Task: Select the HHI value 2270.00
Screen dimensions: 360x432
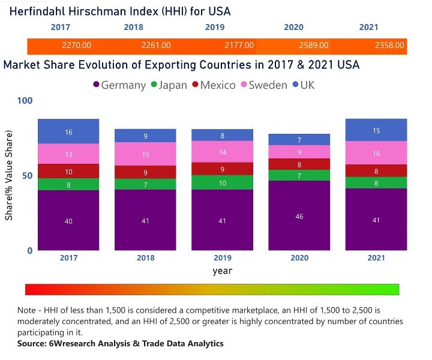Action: click(76, 45)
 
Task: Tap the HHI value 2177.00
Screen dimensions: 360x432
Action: click(239, 45)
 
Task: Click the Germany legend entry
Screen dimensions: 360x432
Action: click(120, 85)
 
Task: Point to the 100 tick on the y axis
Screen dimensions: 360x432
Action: click(25, 101)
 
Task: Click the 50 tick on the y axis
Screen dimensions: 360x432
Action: click(27, 176)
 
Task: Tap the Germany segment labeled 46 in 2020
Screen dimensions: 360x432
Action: click(299, 215)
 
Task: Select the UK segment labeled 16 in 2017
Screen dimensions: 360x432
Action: click(68, 131)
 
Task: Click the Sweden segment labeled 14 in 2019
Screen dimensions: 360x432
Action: click(223, 152)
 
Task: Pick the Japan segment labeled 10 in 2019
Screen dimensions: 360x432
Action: click(223, 182)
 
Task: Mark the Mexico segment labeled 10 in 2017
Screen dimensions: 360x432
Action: click(68, 172)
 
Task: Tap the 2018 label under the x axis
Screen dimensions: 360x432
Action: click(145, 259)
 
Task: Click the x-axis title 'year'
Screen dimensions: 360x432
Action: click(223, 271)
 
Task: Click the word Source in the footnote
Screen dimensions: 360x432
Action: click(33, 344)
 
